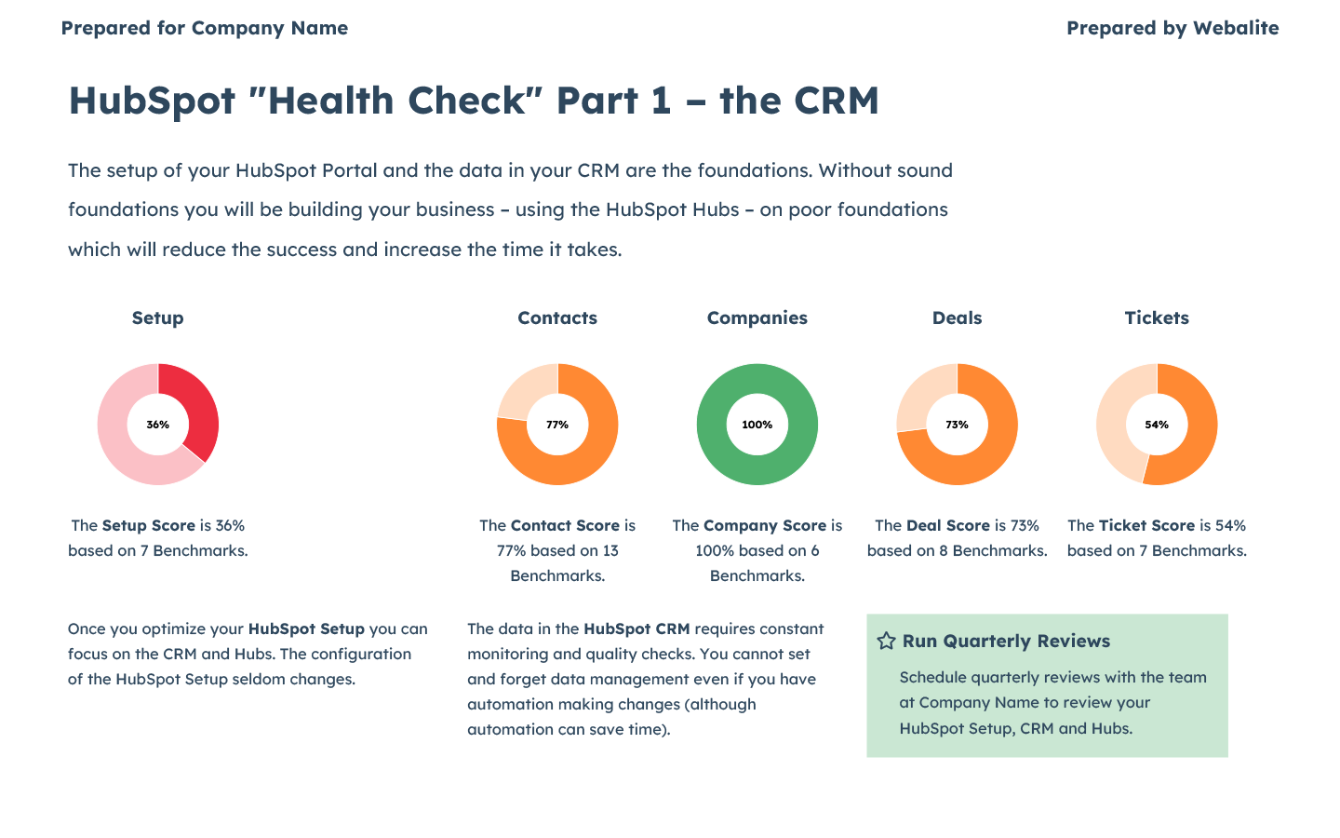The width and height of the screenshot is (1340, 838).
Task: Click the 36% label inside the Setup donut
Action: tap(158, 425)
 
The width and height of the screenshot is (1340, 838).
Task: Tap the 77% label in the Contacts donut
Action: tap(557, 425)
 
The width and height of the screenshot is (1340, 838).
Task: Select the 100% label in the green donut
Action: tap(757, 425)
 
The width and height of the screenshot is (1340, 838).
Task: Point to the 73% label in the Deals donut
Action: tap(957, 425)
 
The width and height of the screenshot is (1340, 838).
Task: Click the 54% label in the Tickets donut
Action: tap(1157, 425)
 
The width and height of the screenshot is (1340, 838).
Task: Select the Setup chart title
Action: tap(158, 318)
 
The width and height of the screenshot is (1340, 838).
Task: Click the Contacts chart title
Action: tap(557, 318)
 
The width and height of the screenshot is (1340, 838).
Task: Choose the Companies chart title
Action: tap(757, 318)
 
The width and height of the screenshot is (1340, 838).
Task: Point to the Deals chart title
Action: tap(957, 318)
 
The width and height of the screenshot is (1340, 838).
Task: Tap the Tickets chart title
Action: tap(1157, 318)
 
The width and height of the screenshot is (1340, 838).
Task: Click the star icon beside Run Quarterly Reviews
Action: tap(887, 641)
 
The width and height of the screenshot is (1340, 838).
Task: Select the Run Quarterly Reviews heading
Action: tap(1006, 641)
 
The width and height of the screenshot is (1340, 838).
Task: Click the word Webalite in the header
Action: tap(1236, 28)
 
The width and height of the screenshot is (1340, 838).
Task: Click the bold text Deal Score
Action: tap(948, 525)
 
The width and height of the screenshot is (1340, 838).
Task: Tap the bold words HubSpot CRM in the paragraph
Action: tap(636, 628)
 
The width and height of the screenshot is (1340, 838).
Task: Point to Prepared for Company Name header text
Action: tap(205, 28)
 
